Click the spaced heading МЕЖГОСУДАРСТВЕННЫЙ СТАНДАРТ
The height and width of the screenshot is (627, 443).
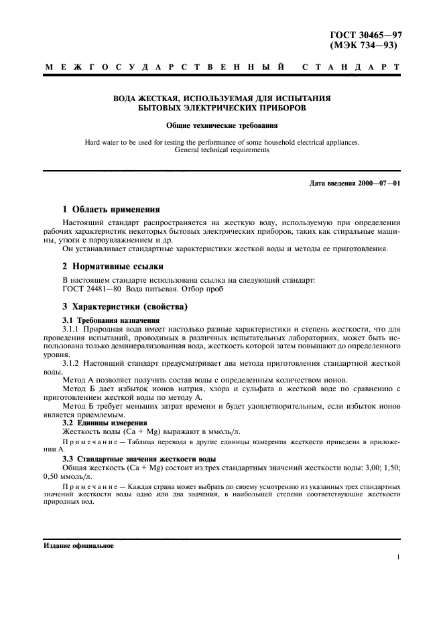click(x=222, y=68)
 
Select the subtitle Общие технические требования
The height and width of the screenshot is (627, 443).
click(x=221, y=125)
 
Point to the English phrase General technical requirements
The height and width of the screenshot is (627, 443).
click(x=221, y=150)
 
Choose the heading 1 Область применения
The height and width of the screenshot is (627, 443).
click(x=111, y=209)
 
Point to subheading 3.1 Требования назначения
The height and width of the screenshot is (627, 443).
click(x=106, y=320)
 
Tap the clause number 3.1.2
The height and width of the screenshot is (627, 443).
click(x=70, y=362)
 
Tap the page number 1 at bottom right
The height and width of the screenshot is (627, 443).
click(x=398, y=557)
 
